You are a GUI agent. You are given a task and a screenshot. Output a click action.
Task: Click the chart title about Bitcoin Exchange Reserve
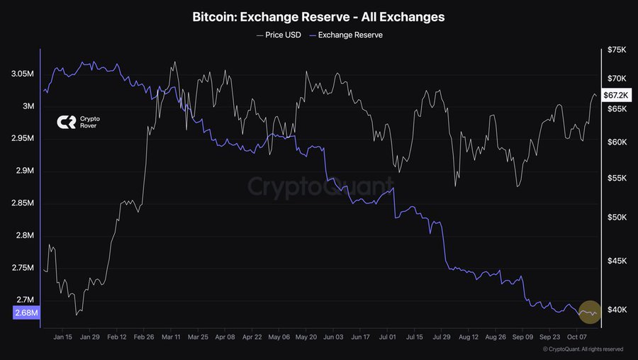(x=318, y=16)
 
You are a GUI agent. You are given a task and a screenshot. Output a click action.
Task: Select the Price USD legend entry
(x=279, y=35)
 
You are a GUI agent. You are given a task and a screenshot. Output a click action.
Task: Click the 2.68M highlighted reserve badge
(x=26, y=313)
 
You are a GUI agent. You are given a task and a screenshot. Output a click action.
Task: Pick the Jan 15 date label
(x=62, y=338)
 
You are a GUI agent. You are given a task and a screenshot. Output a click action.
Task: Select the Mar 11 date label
(x=171, y=338)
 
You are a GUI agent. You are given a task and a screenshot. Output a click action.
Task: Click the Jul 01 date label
(x=386, y=338)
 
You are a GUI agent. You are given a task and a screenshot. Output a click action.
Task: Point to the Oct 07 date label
(x=577, y=338)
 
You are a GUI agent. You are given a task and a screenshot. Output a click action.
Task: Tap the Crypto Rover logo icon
(x=66, y=123)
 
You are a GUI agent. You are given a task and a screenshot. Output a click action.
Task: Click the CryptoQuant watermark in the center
(x=319, y=186)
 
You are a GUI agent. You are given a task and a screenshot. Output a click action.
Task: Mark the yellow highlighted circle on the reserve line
(x=590, y=312)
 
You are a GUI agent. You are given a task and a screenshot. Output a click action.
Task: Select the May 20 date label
(x=306, y=338)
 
